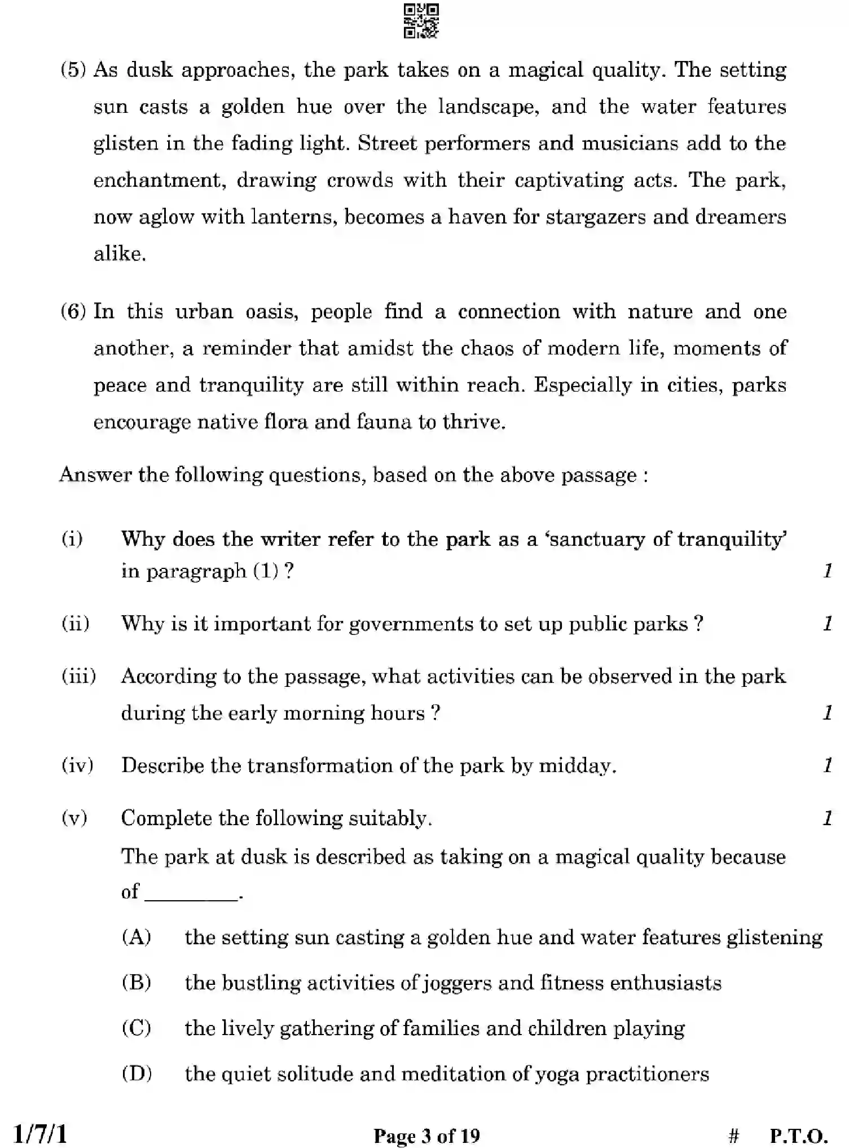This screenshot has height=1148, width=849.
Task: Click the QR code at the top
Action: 421,21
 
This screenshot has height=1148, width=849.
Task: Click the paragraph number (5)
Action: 73,70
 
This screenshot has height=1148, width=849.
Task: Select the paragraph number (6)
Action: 73,312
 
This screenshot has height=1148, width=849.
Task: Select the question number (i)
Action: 72,539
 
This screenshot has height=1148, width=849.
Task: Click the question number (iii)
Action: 79,676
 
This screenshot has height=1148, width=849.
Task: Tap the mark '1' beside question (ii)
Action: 828,624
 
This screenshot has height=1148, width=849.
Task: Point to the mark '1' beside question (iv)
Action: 828,766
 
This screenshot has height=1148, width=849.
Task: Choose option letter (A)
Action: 137,937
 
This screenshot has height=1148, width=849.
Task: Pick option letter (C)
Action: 137,1028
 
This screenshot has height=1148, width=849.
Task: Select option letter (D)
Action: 137,1073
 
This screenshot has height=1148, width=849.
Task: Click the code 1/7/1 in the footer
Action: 40,1134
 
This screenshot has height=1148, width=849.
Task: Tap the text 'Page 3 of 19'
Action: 426,1136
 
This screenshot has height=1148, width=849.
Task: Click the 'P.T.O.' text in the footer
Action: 799,1136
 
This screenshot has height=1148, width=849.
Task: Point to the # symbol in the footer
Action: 733,1136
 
